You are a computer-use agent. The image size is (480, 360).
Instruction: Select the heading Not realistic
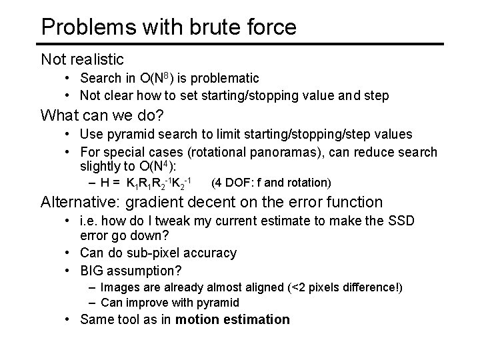click(82, 59)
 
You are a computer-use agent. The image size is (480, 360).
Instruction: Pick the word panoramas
click(286, 153)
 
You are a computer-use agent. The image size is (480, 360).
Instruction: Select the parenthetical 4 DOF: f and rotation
click(271, 183)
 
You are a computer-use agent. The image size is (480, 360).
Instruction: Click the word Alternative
click(79, 202)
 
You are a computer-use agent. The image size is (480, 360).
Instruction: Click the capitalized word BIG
click(93, 271)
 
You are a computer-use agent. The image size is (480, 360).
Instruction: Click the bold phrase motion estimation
click(233, 319)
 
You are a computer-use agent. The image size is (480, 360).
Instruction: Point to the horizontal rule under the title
click(240, 44)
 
